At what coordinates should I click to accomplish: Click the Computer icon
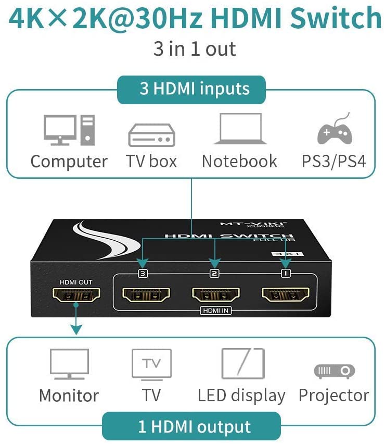click(x=69, y=130)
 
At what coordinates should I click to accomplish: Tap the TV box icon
click(x=151, y=135)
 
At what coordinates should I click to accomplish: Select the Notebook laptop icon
click(x=240, y=129)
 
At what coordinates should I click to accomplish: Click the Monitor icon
click(x=69, y=364)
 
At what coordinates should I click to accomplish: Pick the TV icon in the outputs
click(x=151, y=363)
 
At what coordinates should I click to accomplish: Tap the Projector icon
click(x=334, y=371)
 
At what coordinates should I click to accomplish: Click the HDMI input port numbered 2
click(x=214, y=295)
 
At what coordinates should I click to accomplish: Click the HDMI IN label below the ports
click(x=214, y=311)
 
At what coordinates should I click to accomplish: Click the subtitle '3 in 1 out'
click(x=195, y=49)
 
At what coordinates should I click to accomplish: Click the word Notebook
click(x=239, y=161)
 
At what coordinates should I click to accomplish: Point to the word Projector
click(x=333, y=395)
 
